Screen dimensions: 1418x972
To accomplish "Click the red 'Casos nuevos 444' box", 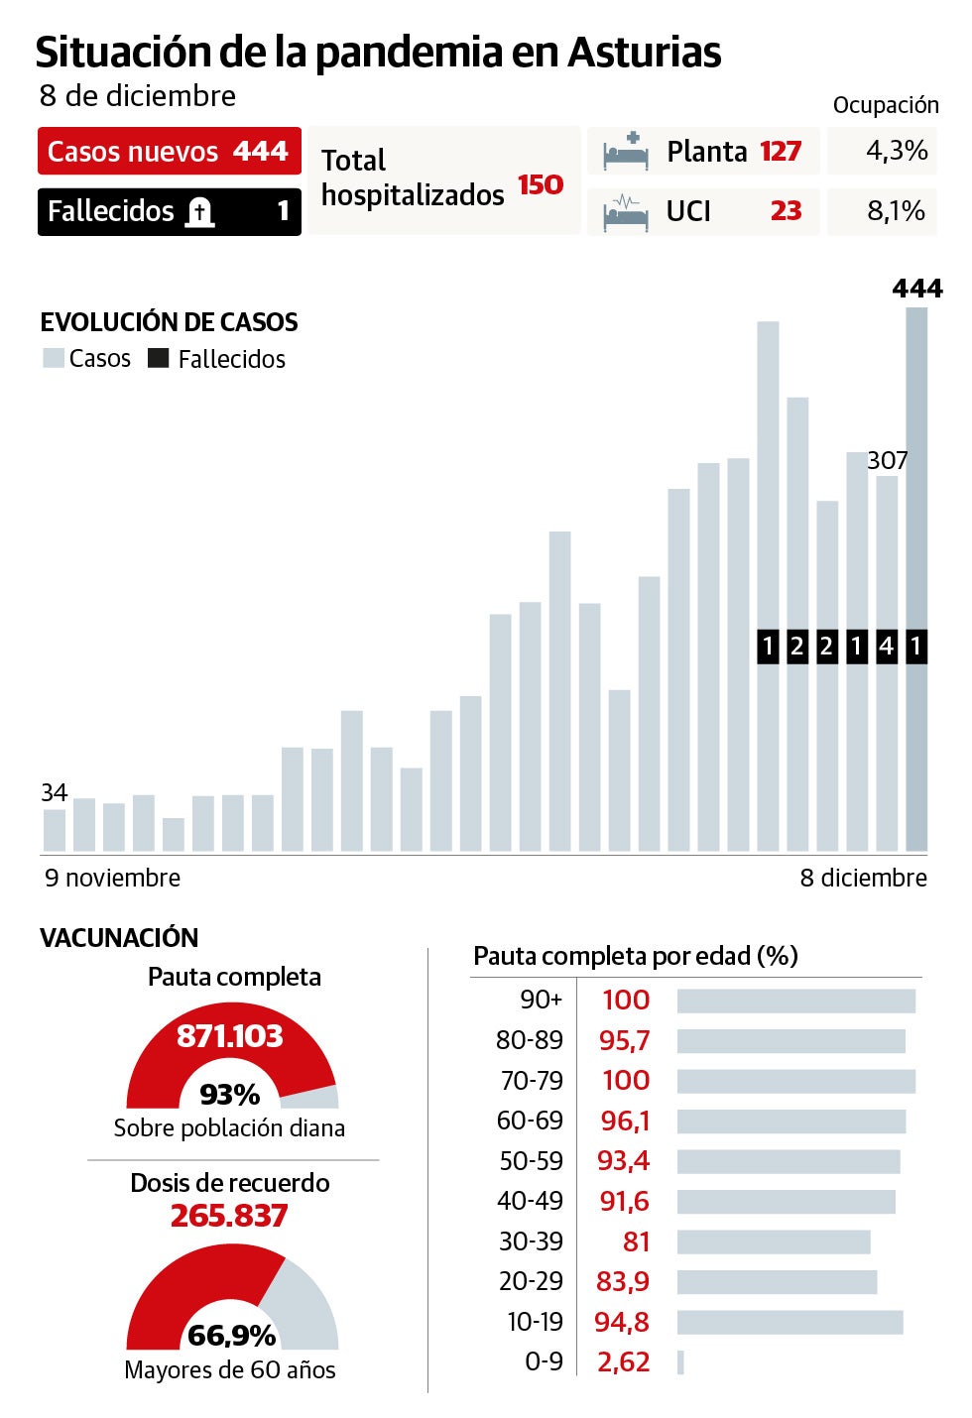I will click(x=169, y=152).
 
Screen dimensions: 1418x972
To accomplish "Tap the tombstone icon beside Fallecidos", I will click(x=200, y=211).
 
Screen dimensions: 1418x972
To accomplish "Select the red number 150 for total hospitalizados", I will click(x=541, y=185).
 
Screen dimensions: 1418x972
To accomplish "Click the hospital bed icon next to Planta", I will click(x=626, y=151).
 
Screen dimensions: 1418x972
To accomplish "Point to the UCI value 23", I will click(x=786, y=211).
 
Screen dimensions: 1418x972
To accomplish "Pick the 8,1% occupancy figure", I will click(x=896, y=211).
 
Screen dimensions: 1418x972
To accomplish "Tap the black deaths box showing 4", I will click(x=887, y=647).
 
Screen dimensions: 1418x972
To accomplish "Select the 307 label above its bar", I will click(x=887, y=460).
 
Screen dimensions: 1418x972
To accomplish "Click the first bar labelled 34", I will click(x=55, y=830).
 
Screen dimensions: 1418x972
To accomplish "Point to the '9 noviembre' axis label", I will click(x=113, y=878).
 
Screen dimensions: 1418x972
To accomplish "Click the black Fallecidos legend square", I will click(x=158, y=358).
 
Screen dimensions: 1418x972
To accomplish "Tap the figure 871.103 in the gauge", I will click(x=230, y=1036).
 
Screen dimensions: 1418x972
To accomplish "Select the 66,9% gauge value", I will click(x=231, y=1335).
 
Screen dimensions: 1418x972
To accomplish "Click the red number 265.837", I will click(x=229, y=1216).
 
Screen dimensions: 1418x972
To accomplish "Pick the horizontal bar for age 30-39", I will click(x=774, y=1241).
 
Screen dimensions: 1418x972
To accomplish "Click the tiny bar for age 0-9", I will click(x=680, y=1362).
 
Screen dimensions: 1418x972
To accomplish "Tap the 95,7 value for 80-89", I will click(x=625, y=1040).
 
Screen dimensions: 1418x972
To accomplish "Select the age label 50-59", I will click(x=531, y=1161).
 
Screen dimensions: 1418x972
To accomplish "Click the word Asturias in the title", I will click(x=644, y=52).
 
